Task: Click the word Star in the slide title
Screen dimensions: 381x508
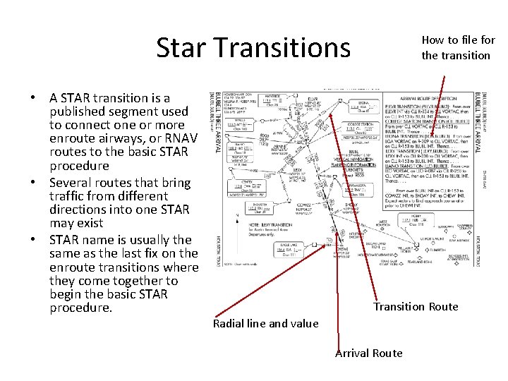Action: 180,48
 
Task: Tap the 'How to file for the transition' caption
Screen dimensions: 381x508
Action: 458,48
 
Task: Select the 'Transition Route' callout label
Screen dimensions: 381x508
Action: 416,306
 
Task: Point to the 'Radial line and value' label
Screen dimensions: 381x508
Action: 265,323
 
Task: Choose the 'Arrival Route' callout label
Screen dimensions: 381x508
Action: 368,353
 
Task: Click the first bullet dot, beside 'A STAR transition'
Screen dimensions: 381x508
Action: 33,98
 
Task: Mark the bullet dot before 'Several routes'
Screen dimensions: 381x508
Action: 33,183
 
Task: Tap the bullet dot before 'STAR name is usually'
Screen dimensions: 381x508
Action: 33,240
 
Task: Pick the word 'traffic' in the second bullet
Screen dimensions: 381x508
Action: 69,196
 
